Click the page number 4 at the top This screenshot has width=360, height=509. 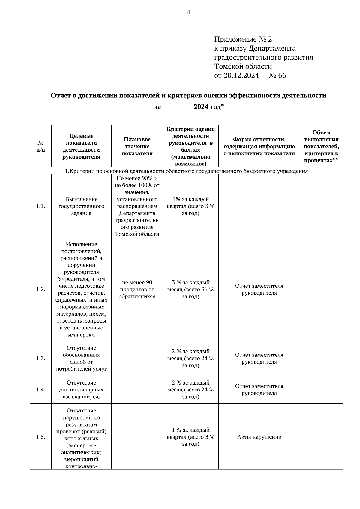tap(189, 12)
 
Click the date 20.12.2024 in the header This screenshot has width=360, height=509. tap(241, 76)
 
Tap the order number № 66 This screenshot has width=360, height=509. tap(277, 76)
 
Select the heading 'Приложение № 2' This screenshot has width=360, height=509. tap(243, 40)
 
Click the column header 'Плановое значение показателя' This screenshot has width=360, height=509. tap(137, 146)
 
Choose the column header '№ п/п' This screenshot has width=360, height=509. tap(41, 146)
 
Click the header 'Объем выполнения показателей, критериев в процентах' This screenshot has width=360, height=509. tap(321, 146)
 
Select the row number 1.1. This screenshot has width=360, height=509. tap(41, 206)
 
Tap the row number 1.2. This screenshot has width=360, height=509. tap(41, 289)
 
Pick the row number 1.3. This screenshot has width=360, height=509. tap(41, 358)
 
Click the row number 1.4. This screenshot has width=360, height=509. tap(41, 390)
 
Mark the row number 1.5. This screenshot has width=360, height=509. tap(41, 437)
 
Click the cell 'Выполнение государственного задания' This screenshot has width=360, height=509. tap(81, 206)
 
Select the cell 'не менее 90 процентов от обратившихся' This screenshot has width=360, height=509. tap(137, 289)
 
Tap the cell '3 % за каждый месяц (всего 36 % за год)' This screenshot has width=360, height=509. tap(190, 289)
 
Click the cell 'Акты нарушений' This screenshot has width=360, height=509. tap(259, 437)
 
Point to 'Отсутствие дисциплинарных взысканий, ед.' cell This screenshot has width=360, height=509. tap(81, 390)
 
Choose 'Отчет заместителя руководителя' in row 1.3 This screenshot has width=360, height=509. tap(259, 358)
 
